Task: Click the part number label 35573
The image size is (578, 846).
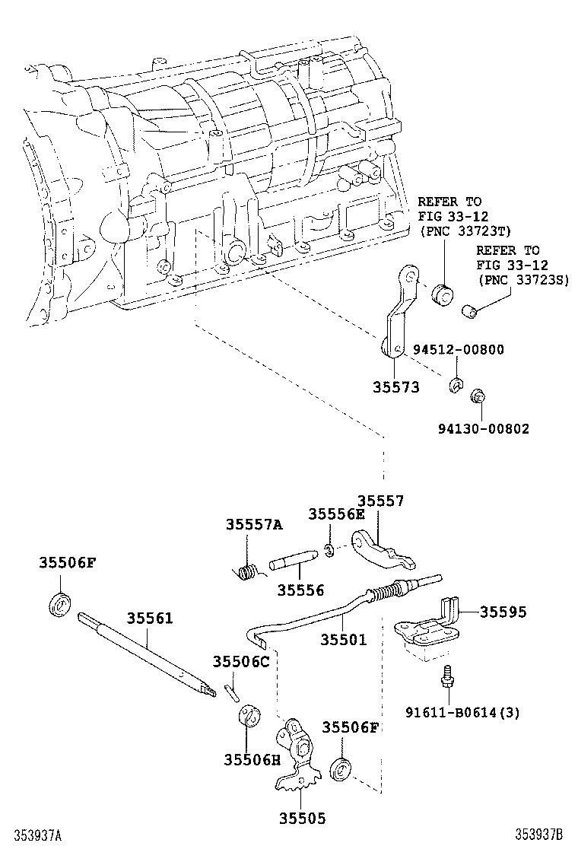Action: (x=395, y=387)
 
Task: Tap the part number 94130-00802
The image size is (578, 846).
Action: (x=483, y=429)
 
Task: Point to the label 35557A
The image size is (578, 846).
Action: (x=253, y=524)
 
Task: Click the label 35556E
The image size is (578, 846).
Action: (x=336, y=514)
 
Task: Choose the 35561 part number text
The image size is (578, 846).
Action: (x=150, y=619)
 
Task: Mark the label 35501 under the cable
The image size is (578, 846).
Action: (x=343, y=640)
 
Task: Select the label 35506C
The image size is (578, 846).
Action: (x=241, y=661)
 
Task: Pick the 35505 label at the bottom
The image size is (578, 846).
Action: (x=301, y=819)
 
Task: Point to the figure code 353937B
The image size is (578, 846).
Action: (x=543, y=835)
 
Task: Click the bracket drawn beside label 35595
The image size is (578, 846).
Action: (x=430, y=625)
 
